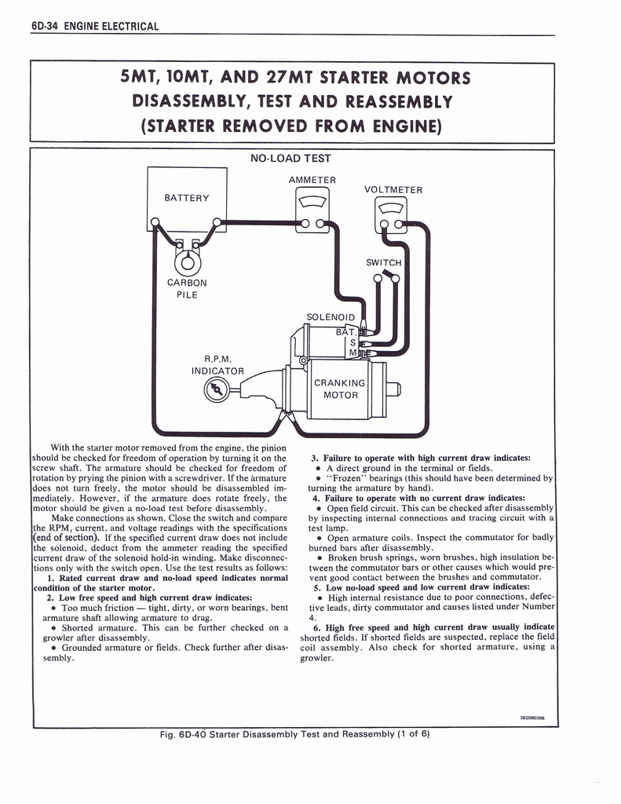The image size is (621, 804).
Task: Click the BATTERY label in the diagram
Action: click(x=187, y=197)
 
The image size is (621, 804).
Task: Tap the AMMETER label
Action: click(x=312, y=180)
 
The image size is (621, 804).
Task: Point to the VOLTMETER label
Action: click(x=393, y=190)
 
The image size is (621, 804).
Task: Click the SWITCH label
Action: click(x=383, y=262)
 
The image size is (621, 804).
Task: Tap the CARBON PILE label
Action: click(x=187, y=288)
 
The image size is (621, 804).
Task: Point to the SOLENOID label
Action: click(x=331, y=317)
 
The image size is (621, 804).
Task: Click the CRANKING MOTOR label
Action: click(x=340, y=389)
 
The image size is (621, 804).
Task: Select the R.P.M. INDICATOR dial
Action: click(x=215, y=389)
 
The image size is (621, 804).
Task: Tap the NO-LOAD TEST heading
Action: click(x=290, y=159)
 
